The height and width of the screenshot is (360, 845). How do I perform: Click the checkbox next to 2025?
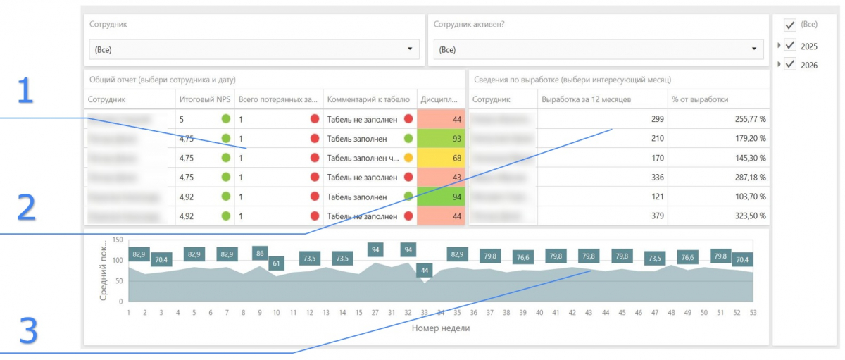[x=790, y=46]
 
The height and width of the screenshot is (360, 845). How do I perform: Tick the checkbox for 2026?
[x=790, y=64]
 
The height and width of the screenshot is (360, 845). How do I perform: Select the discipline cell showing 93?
[x=441, y=139]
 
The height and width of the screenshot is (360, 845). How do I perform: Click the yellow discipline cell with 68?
[x=441, y=158]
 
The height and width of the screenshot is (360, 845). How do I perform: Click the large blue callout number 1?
[x=25, y=92]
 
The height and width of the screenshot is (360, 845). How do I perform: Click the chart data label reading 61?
[x=276, y=263]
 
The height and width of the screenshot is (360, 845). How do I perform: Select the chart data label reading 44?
[x=424, y=271]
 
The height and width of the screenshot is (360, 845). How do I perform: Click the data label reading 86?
[x=260, y=254]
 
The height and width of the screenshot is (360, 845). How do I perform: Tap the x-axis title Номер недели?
[x=440, y=328]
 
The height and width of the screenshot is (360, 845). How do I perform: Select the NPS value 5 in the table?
[x=182, y=119]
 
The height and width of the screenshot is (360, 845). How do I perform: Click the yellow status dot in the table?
[x=408, y=158]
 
